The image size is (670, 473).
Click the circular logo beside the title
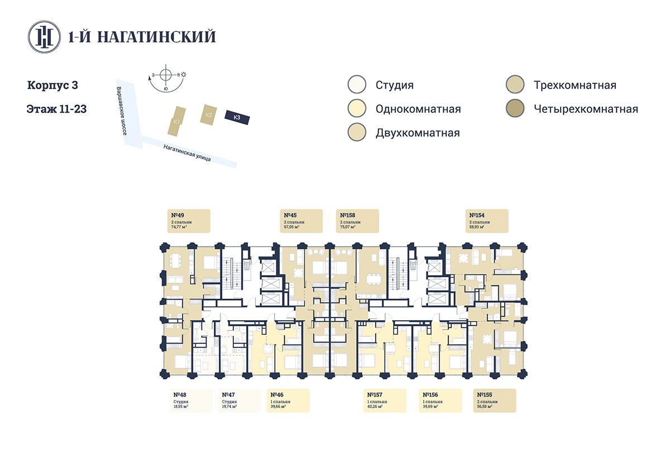(x=45, y=37)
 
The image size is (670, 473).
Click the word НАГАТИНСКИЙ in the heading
(x=156, y=37)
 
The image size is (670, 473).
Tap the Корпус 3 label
(x=52, y=85)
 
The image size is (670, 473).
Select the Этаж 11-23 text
(x=56, y=109)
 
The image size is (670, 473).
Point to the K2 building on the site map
(x=208, y=114)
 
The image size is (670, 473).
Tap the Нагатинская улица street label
(x=187, y=152)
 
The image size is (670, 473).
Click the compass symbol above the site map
(x=166, y=75)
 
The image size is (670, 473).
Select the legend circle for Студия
(x=356, y=85)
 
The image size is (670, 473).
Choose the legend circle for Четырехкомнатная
(x=514, y=109)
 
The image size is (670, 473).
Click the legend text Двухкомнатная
(x=418, y=133)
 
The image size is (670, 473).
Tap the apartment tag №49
(x=189, y=221)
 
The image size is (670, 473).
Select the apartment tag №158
(x=357, y=221)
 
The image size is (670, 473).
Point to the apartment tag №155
(x=494, y=400)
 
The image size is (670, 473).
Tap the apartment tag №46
(x=288, y=400)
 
